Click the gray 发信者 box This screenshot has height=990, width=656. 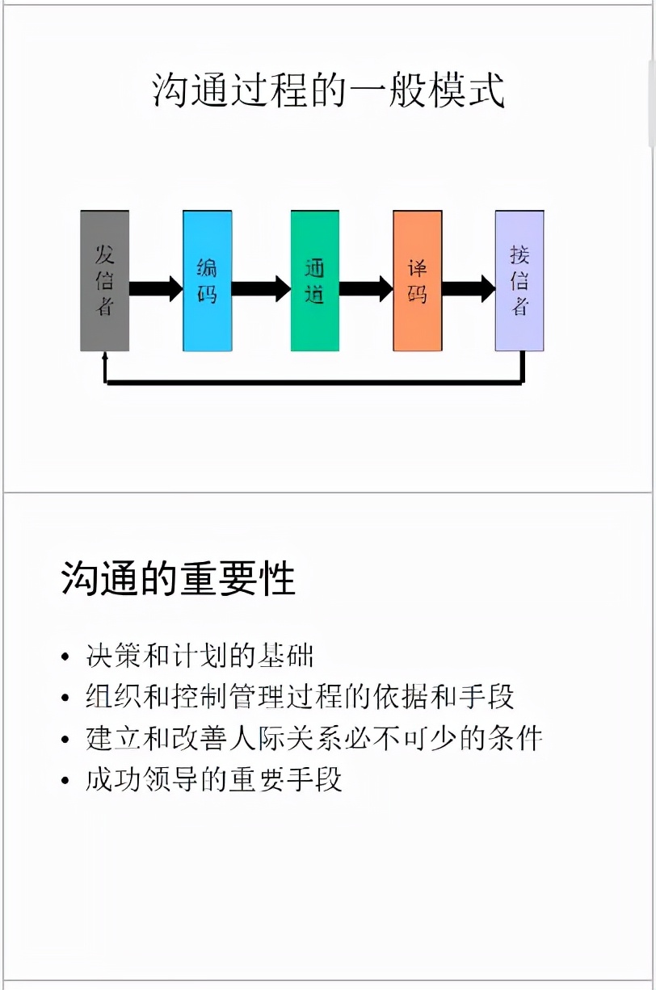click(x=105, y=281)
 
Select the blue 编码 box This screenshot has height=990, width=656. click(x=208, y=281)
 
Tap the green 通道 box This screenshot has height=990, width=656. click(x=315, y=281)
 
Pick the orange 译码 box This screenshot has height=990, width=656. click(x=418, y=281)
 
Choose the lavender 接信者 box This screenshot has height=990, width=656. click(x=519, y=281)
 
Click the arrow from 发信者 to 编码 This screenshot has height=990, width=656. click(x=156, y=288)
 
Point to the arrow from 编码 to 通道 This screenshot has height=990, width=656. click(x=261, y=288)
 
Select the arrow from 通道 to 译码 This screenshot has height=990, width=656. click(x=366, y=288)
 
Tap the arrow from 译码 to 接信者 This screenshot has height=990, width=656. click(x=469, y=288)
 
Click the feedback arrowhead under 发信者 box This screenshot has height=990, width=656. click(x=105, y=355)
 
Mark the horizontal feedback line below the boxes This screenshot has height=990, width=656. click(x=314, y=382)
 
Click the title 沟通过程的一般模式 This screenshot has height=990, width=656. click(x=328, y=90)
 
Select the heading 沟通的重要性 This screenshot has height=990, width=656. click(x=179, y=578)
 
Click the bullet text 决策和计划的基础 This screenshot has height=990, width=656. click(x=200, y=656)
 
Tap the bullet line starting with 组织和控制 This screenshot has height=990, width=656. click(x=300, y=697)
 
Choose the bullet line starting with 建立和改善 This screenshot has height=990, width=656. click(x=313, y=738)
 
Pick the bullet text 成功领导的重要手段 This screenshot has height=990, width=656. click(x=214, y=779)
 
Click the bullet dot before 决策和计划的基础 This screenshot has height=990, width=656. click(x=65, y=657)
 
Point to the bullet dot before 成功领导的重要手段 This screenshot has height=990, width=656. click(x=65, y=780)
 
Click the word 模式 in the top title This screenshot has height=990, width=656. click(x=465, y=90)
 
